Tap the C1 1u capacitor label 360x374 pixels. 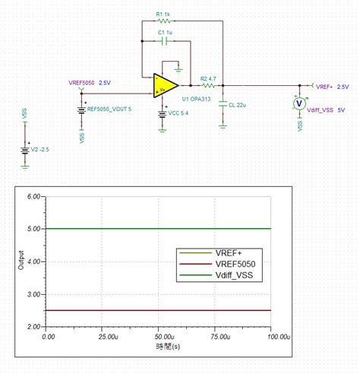[x=166, y=33]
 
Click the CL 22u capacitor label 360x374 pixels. [x=238, y=105]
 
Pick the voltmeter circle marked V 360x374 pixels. [x=299, y=103]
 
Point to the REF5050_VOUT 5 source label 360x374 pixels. [x=109, y=109]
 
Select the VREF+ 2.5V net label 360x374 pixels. [x=332, y=87]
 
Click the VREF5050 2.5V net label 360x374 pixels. [x=90, y=82]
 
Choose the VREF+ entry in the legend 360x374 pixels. [x=227, y=252]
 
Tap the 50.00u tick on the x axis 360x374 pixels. [x=159, y=335]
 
